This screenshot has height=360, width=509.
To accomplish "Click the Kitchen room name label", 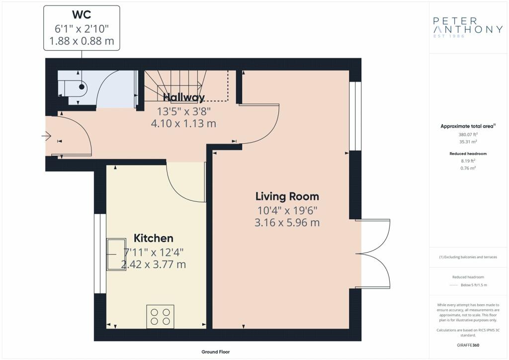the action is [153, 238].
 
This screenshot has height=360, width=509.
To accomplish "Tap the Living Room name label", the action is [287, 196].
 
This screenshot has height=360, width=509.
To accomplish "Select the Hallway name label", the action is [184, 97].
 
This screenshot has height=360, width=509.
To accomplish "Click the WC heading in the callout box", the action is [82, 14].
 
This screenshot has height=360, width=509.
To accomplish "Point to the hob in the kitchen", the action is [160, 317].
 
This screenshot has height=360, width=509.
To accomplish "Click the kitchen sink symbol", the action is [116, 255].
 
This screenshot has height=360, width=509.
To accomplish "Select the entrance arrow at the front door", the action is [47, 136].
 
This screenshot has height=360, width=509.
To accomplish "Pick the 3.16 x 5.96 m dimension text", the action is [287, 223].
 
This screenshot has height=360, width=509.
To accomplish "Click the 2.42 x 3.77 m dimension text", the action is [153, 264].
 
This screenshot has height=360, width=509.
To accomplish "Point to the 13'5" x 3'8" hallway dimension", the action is [184, 111].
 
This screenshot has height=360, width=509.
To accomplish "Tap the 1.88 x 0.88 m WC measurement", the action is [82, 41].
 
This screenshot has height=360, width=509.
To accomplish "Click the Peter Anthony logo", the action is [468, 27].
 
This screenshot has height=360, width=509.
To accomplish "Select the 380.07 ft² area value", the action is [468, 134].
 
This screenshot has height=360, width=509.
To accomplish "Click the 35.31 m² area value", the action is [468, 142].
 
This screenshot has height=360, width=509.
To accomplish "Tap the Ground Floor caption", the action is [216, 352].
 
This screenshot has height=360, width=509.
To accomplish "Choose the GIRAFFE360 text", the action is [468, 345].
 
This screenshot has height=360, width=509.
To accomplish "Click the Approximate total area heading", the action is [468, 126].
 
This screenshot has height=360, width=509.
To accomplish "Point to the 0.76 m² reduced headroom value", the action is [468, 168].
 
